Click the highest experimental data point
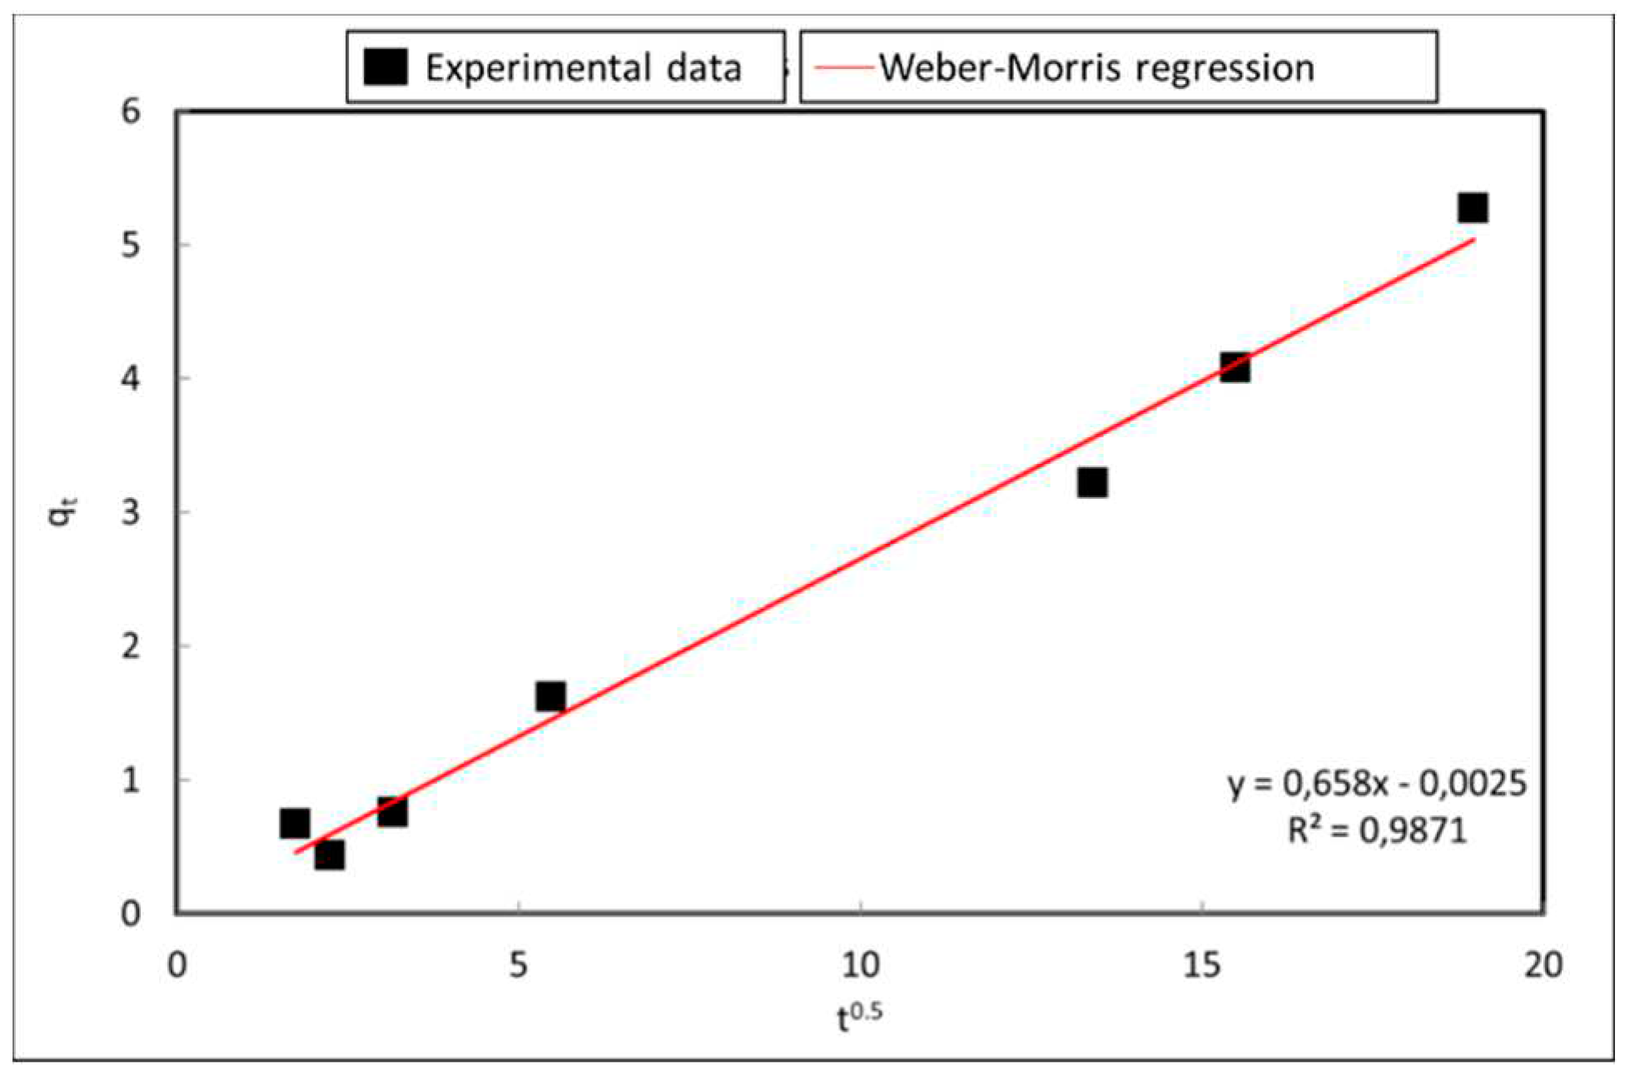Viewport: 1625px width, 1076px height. click(1472, 208)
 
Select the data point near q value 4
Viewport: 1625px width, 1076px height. click(1235, 367)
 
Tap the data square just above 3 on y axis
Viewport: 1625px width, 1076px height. click(1091, 482)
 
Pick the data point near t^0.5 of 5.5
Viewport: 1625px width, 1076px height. click(550, 696)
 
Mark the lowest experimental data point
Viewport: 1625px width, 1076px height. click(330, 854)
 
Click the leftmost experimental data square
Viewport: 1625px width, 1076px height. click(295, 823)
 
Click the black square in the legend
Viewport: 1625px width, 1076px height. click(385, 67)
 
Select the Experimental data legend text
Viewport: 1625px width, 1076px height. click(583, 68)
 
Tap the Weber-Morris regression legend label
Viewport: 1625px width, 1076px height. click(1096, 68)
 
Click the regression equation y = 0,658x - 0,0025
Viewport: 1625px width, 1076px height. click(1377, 783)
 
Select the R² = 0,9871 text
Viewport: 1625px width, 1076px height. click(1377, 829)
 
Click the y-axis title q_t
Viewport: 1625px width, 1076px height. click(62, 511)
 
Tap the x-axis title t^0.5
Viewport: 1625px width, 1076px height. click(859, 1017)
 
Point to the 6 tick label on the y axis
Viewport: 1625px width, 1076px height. click(131, 111)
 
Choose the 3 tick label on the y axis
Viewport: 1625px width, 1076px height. click(131, 511)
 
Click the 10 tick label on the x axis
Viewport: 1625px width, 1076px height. click(860, 965)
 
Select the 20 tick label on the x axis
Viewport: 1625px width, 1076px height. click(1543, 965)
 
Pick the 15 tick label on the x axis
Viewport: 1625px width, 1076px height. click(1202, 965)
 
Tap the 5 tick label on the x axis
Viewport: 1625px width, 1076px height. click(518, 965)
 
